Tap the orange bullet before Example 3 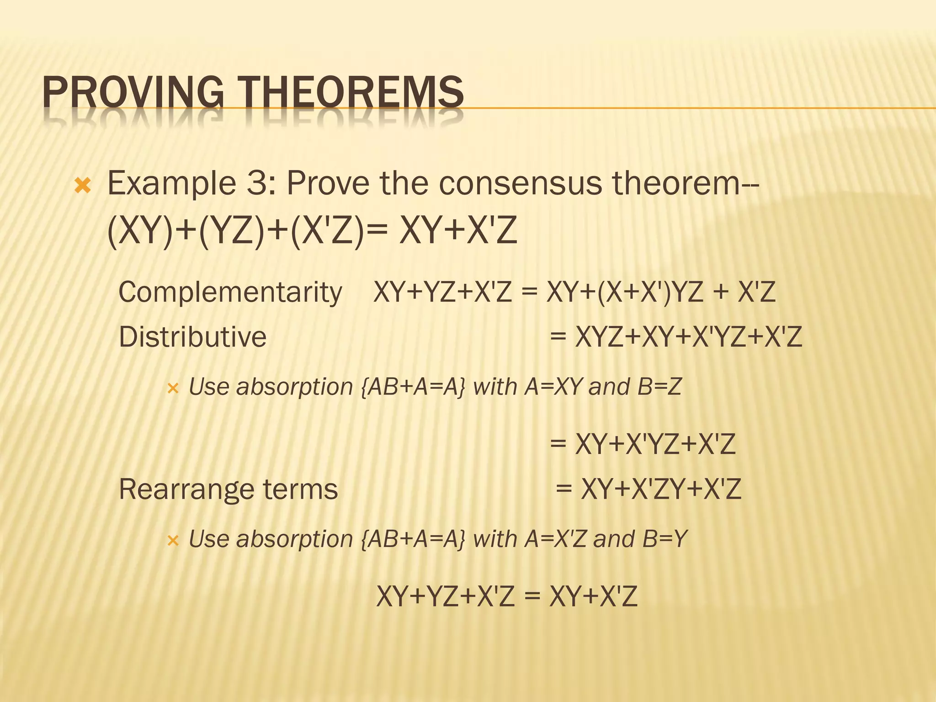coord(83,186)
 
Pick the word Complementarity coord(230,292)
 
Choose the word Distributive coord(192,337)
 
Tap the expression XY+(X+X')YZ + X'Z coord(661,292)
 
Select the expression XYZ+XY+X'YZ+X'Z coord(688,337)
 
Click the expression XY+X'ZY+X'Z coord(661,489)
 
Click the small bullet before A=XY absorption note coord(172,389)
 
